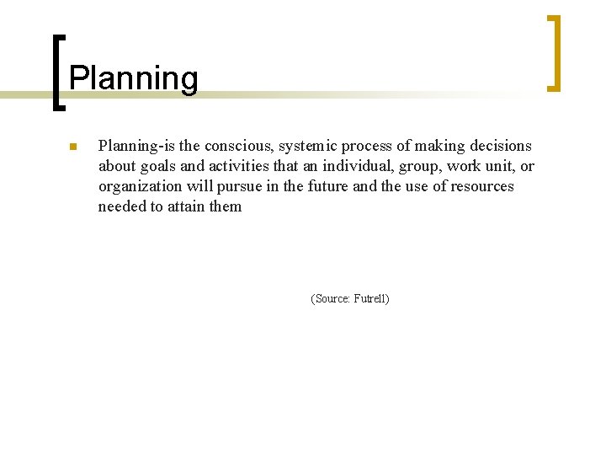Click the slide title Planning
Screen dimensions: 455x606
(133, 78)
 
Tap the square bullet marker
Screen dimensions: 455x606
(72, 147)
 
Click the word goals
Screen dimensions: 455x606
(157, 166)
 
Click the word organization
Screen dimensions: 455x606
(139, 186)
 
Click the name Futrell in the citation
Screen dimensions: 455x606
(371, 299)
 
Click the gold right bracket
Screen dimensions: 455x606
(554, 52)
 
